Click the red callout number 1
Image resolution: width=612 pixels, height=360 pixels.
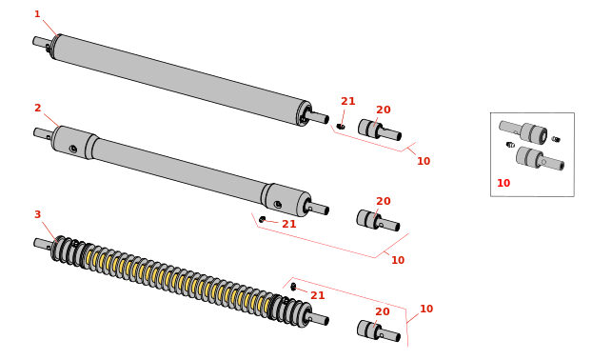(37, 14)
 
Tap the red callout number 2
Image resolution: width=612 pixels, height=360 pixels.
(37, 108)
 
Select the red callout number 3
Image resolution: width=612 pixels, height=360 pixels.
(37, 214)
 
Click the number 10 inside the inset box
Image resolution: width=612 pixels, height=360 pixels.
(503, 183)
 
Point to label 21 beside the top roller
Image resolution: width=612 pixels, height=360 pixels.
(348, 101)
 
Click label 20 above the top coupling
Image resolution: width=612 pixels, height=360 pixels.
(384, 110)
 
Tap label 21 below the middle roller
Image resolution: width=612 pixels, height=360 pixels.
(289, 224)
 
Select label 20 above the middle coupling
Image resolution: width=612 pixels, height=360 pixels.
(384, 201)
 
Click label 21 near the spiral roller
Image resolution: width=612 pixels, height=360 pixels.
(318, 295)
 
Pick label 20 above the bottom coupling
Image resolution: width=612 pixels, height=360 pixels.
(383, 311)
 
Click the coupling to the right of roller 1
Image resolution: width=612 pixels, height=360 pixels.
(380, 130)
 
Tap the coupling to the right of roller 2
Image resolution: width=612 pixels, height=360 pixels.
(378, 221)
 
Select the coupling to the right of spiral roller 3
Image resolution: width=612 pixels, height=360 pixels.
(378, 331)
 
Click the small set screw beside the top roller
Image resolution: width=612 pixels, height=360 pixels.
(341, 126)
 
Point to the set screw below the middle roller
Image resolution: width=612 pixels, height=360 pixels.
(263, 219)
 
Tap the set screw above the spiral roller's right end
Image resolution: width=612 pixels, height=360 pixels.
(293, 288)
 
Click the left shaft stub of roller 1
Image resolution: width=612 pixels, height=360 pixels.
(41, 42)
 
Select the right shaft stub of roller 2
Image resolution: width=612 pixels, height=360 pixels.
(318, 208)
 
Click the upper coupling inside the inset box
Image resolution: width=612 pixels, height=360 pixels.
(523, 131)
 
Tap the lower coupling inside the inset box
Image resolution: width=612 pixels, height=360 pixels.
(540, 158)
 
